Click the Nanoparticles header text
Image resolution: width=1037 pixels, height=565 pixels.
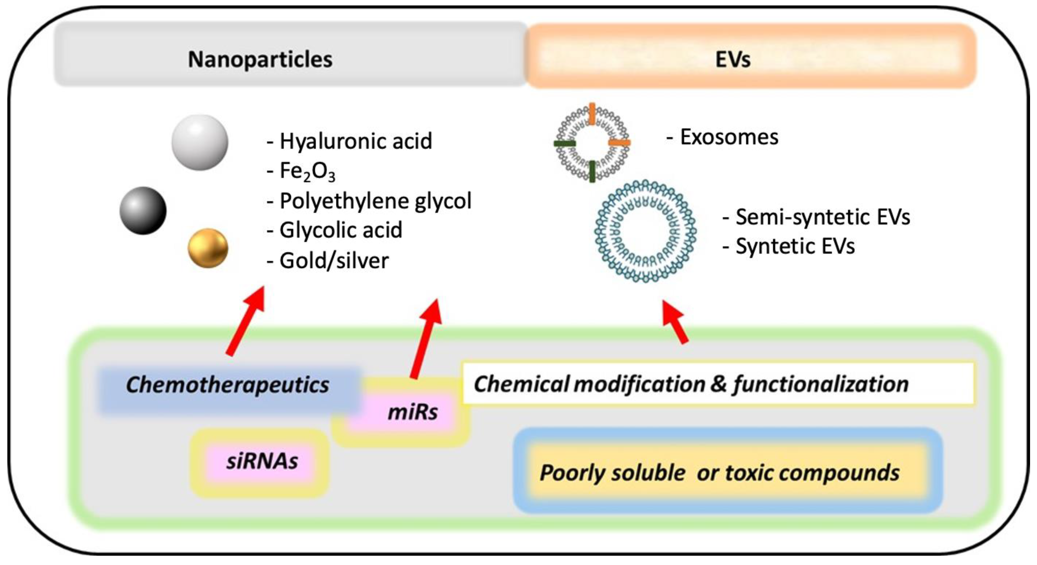coord(260,60)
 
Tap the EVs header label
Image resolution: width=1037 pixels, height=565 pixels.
coord(733,60)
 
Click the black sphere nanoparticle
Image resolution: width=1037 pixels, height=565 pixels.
coord(143,210)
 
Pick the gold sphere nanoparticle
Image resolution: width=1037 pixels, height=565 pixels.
coord(208,248)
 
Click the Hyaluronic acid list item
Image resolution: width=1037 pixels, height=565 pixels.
coord(350,141)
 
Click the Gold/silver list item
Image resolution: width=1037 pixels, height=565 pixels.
coord(328,260)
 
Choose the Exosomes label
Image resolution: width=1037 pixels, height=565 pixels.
coord(722,137)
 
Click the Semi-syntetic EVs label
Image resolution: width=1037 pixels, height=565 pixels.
coord(816,217)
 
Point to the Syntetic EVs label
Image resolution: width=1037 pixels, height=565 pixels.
coord(789,246)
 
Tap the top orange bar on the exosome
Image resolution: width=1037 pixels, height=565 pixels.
coord(592,112)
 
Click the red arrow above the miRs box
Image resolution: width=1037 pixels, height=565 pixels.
coord(426,338)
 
